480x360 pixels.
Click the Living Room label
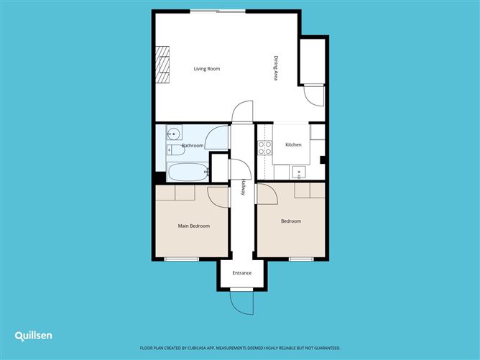207,69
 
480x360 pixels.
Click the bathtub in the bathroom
186,172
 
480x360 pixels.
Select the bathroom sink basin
173,133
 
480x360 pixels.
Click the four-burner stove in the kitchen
264,148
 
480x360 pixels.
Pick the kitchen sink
300,172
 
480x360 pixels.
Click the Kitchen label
293,145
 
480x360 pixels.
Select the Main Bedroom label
194,226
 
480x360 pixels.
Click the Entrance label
242,273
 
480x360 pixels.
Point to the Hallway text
243,188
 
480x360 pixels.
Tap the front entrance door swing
242,302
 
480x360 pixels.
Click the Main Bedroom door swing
217,195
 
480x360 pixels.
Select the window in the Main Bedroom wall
180,259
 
